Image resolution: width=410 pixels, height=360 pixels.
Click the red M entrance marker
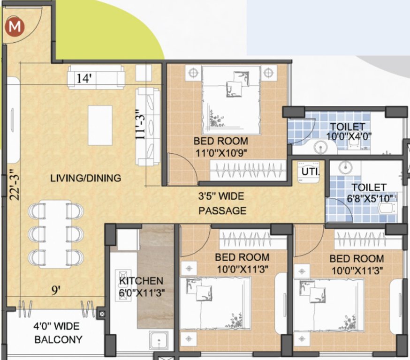(15, 27)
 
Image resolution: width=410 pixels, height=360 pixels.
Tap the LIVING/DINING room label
(86, 178)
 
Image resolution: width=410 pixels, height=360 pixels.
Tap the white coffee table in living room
(100, 125)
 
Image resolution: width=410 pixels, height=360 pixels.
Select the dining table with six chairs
(56, 233)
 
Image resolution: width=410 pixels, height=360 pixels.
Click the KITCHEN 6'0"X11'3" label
(141, 286)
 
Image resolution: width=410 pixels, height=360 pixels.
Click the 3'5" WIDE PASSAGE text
(222, 203)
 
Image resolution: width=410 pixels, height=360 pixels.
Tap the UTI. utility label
(310, 172)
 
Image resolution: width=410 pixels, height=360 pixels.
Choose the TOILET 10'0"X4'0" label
(347, 132)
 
